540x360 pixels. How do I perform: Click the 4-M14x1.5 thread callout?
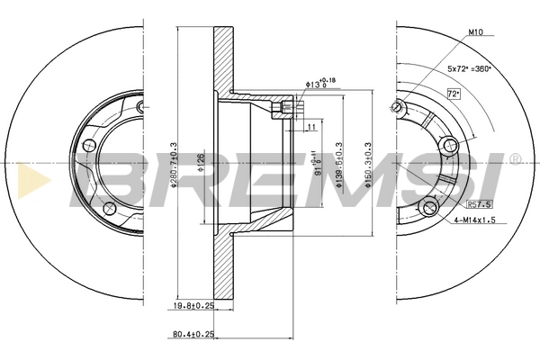(475, 220)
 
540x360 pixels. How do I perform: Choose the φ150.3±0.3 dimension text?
(367, 162)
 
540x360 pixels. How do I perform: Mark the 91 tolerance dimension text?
(316, 166)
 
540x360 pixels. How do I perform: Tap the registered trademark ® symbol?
(515, 159)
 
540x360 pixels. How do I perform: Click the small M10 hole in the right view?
(396, 107)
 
